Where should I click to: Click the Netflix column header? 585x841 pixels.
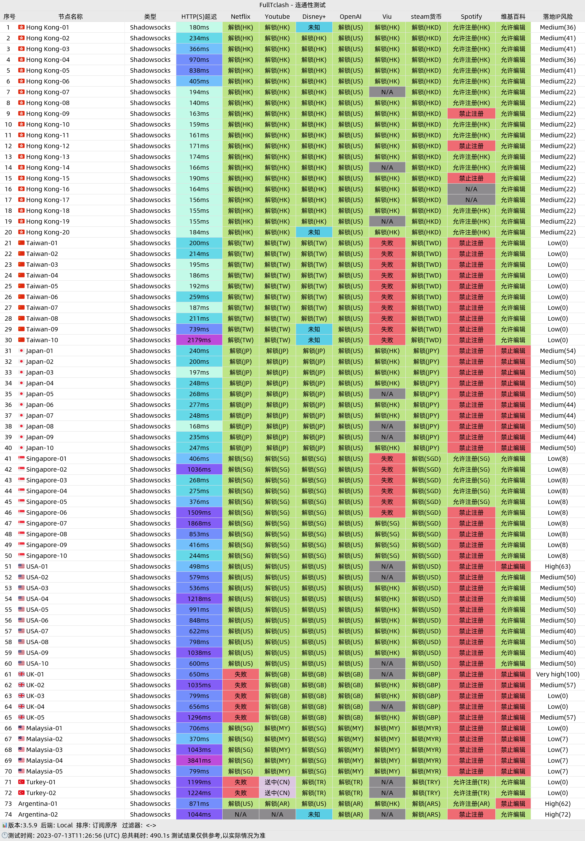tap(240, 16)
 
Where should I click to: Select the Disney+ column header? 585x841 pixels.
tap(314, 16)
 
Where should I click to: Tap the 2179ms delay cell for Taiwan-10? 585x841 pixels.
tap(199, 340)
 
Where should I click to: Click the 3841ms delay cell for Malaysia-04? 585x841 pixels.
tap(199, 760)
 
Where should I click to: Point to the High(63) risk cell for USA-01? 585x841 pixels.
tap(557, 566)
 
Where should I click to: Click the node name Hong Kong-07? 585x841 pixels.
tap(48, 92)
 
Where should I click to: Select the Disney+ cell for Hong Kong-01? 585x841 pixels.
tap(314, 27)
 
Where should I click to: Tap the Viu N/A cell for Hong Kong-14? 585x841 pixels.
tap(387, 167)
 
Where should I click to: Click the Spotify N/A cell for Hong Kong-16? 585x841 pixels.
tap(471, 189)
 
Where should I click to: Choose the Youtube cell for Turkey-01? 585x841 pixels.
tap(277, 782)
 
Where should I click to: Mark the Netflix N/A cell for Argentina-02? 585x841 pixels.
tap(240, 814)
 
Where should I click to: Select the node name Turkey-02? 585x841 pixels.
tap(41, 793)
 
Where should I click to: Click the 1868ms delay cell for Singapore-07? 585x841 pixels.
tap(199, 523)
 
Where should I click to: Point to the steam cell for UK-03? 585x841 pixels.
tap(426, 696)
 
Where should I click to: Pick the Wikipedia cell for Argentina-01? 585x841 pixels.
tap(513, 804)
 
